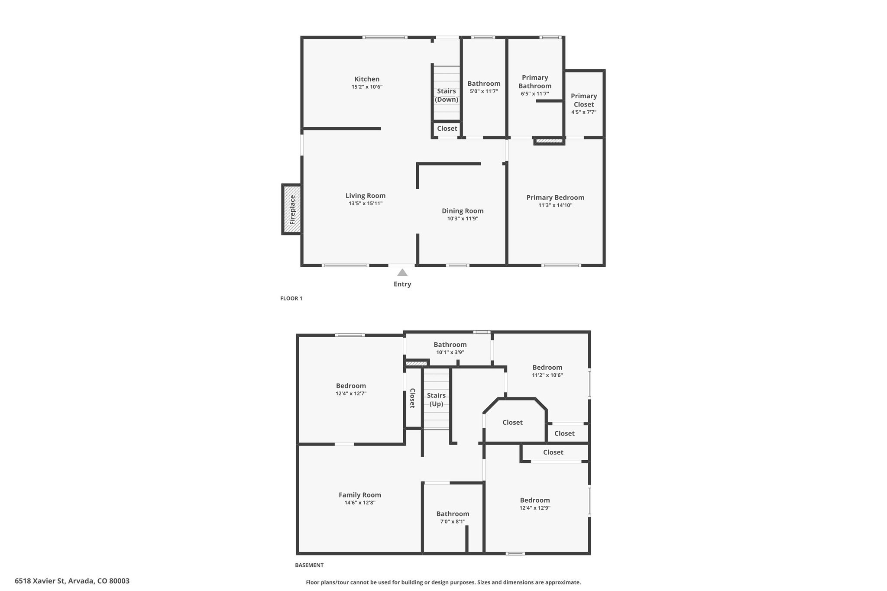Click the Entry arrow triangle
click(x=402, y=272)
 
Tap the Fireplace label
click(x=292, y=210)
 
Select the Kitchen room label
click(x=367, y=79)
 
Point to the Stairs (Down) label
click(x=447, y=95)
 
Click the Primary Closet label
click(x=584, y=100)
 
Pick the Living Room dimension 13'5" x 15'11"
click(x=366, y=203)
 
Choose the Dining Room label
click(x=463, y=211)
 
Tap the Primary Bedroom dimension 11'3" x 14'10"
click(x=555, y=205)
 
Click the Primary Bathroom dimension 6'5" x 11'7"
click(x=535, y=94)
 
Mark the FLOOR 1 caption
click(x=291, y=298)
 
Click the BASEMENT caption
click(x=309, y=565)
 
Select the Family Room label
click(x=360, y=495)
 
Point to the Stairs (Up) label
click(x=436, y=400)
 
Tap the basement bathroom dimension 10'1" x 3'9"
click(x=450, y=352)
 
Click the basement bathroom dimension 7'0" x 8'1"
click(x=453, y=522)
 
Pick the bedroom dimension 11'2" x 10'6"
click(x=547, y=375)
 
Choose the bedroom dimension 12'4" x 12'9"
click(x=535, y=508)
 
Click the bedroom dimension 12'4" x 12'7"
click(x=351, y=394)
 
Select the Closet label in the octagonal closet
click(x=512, y=422)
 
